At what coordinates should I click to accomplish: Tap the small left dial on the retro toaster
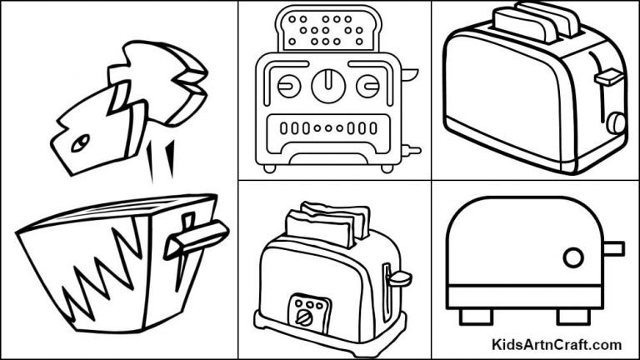287,85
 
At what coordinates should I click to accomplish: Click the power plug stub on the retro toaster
411,151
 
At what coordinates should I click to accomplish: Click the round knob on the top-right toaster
615,123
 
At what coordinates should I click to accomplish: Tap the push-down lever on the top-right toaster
609,77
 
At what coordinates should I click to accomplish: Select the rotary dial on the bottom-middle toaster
301,316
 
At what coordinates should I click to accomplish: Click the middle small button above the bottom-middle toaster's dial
301,302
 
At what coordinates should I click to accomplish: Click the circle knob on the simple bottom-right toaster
573,257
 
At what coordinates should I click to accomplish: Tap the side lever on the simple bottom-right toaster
613,248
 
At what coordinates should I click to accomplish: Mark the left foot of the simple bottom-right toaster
472,316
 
